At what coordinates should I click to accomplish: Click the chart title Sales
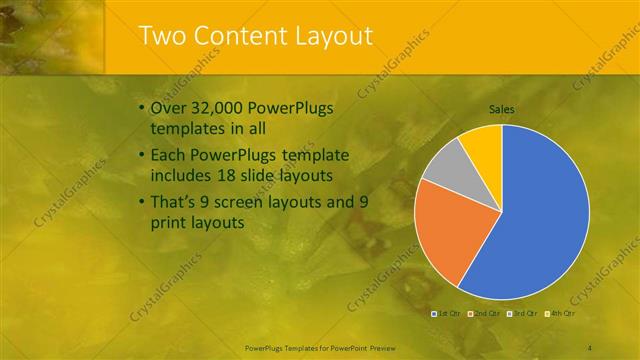(501, 109)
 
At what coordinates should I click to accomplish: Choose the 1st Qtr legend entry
(446, 313)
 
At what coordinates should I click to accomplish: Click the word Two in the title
(162, 36)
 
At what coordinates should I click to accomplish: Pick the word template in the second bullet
(310, 156)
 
